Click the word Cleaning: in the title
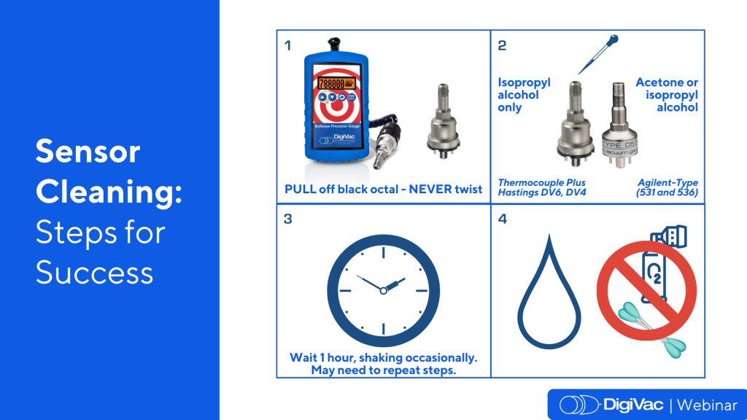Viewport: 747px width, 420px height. point(109,192)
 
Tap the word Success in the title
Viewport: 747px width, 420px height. point(94,273)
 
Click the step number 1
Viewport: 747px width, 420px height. point(287,45)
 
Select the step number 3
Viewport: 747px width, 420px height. point(287,219)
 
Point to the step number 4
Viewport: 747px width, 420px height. point(502,219)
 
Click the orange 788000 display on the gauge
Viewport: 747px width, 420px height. point(336,83)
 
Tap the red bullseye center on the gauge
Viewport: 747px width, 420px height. point(337,107)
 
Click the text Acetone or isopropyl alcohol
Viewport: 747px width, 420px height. point(667,95)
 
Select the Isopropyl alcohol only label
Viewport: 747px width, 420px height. point(524,95)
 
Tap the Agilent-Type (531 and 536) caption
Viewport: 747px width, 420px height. point(667,187)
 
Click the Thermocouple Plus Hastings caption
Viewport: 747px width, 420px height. point(542,187)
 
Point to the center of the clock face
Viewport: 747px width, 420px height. point(384,290)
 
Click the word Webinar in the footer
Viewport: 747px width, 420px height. point(707,405)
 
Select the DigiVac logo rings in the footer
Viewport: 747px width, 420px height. point(578,405)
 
